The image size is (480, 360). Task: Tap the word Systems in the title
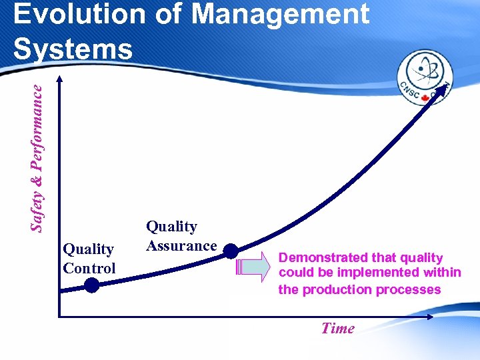(x=73, y=49)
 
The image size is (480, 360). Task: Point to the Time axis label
(x=337, y=328)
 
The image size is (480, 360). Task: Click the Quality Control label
(x=89, y=259)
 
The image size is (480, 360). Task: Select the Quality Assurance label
(x=181, y=236)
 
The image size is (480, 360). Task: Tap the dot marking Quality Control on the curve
(x=91, y=285)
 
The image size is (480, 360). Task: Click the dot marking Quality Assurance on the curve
(x=230, y=251)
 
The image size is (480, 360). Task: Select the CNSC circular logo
(x=425, y=79)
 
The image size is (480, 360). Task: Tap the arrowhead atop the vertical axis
(x=59, y=79)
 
